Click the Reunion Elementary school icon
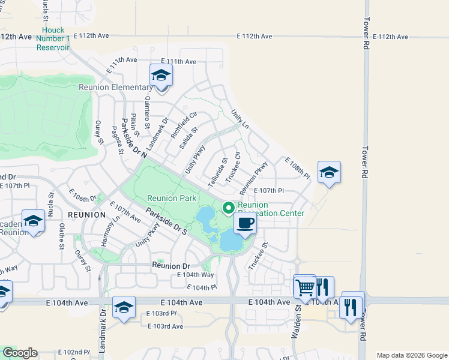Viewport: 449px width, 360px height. pos(161,76)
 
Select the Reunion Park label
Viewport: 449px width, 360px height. pos(171,198)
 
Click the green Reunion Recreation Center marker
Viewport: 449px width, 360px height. pos(228,208)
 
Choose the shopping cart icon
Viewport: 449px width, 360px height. pos(305,288)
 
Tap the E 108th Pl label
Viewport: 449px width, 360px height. pos(297,169)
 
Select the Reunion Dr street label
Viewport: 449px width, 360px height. pos(171,265)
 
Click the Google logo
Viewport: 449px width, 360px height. pos(20,353)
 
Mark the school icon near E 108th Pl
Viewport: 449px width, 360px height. pos(329,173)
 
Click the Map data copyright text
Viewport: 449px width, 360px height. pos(411,355)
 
